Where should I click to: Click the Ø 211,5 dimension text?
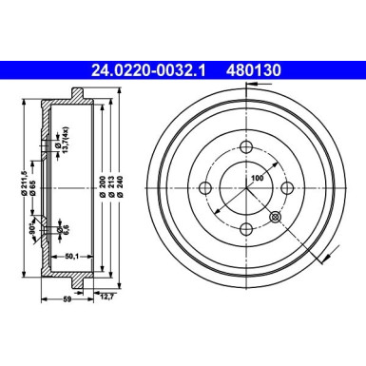pos(17,169)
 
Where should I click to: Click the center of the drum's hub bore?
pos(247,188)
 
